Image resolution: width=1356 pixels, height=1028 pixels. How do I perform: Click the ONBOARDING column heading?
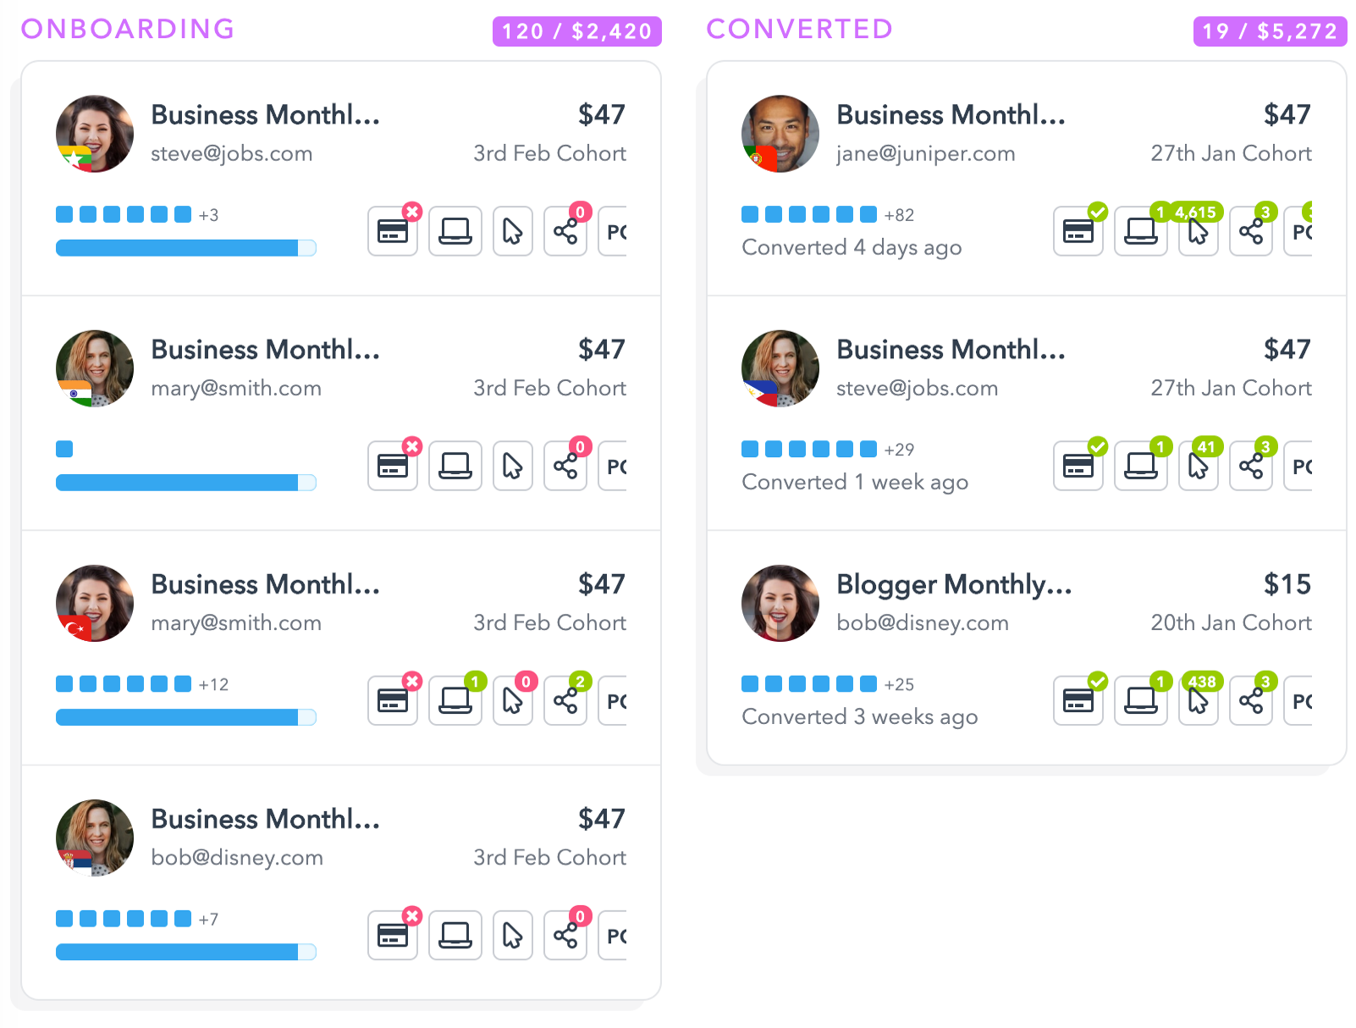[128, 29]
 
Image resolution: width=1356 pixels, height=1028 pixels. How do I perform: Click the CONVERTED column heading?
[799, 29]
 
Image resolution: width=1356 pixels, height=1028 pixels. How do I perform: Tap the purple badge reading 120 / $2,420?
[576, 31]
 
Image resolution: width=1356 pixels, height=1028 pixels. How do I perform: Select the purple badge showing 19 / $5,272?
[1269, 31]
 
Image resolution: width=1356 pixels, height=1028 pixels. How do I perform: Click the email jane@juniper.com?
[925, 153]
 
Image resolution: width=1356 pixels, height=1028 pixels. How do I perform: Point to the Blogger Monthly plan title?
[954, 584]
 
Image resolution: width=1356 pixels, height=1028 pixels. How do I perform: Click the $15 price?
[1287, 584]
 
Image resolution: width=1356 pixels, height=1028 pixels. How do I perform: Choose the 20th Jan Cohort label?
[1231, 622]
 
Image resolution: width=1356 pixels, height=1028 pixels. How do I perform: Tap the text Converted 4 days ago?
[852, 247]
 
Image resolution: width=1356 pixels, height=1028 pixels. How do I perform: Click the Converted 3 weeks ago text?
[859, 716]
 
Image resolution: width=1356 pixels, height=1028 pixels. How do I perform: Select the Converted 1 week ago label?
[855, 482]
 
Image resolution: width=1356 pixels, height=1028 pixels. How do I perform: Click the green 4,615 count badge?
[1195, 213]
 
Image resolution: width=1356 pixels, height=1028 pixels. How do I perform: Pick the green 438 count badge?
[1202, 682]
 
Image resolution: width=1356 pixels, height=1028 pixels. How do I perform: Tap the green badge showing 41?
[1206, 447]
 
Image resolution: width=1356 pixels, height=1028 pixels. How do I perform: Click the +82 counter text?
[899, 215]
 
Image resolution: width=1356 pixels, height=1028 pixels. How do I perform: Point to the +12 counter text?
[213, 684]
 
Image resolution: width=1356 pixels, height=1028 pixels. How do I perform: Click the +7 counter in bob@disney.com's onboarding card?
[208, 920]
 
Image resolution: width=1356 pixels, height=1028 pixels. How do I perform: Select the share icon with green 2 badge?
[565, 700]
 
